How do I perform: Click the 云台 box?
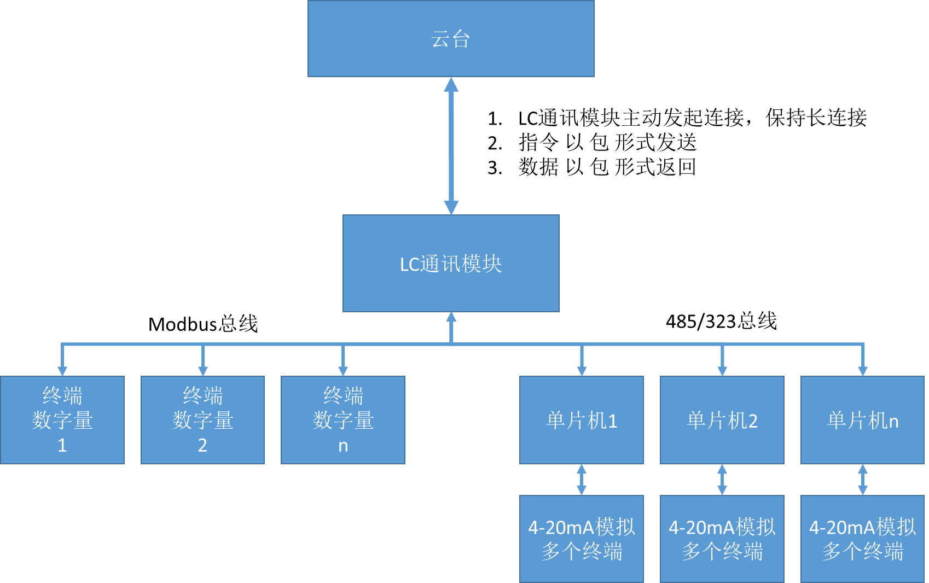click(x=451, y=38)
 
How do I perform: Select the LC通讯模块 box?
click(x=451, y=263)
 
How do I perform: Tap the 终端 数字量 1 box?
click(x=62, y=419)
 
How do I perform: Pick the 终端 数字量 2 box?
click(x=202, y=419)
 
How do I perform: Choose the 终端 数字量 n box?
click(x=343, y=419)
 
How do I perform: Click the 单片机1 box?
click(x=582, y=419)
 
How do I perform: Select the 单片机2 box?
click(x=722, y=419)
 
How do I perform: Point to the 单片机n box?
click(x=863, y=419)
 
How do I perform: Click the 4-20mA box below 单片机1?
click(x=582, y=539)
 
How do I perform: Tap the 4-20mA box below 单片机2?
click(x=722, y=539)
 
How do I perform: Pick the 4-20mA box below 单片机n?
click(x=863, y=539)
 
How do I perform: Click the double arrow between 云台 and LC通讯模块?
click(x=451, y=145)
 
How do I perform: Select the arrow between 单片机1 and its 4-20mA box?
click(x=582, y=480)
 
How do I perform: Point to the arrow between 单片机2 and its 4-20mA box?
click(x=722, y=480)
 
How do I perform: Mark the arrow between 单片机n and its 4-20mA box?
click(x=863, y=480)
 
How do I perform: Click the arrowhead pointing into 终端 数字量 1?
click(x=62, y=370)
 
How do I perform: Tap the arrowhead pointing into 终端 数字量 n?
click(x=343, y=370)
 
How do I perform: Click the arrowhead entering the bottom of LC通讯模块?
click(x=451, y=317)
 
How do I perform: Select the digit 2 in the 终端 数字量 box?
click(x=202, y=445)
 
